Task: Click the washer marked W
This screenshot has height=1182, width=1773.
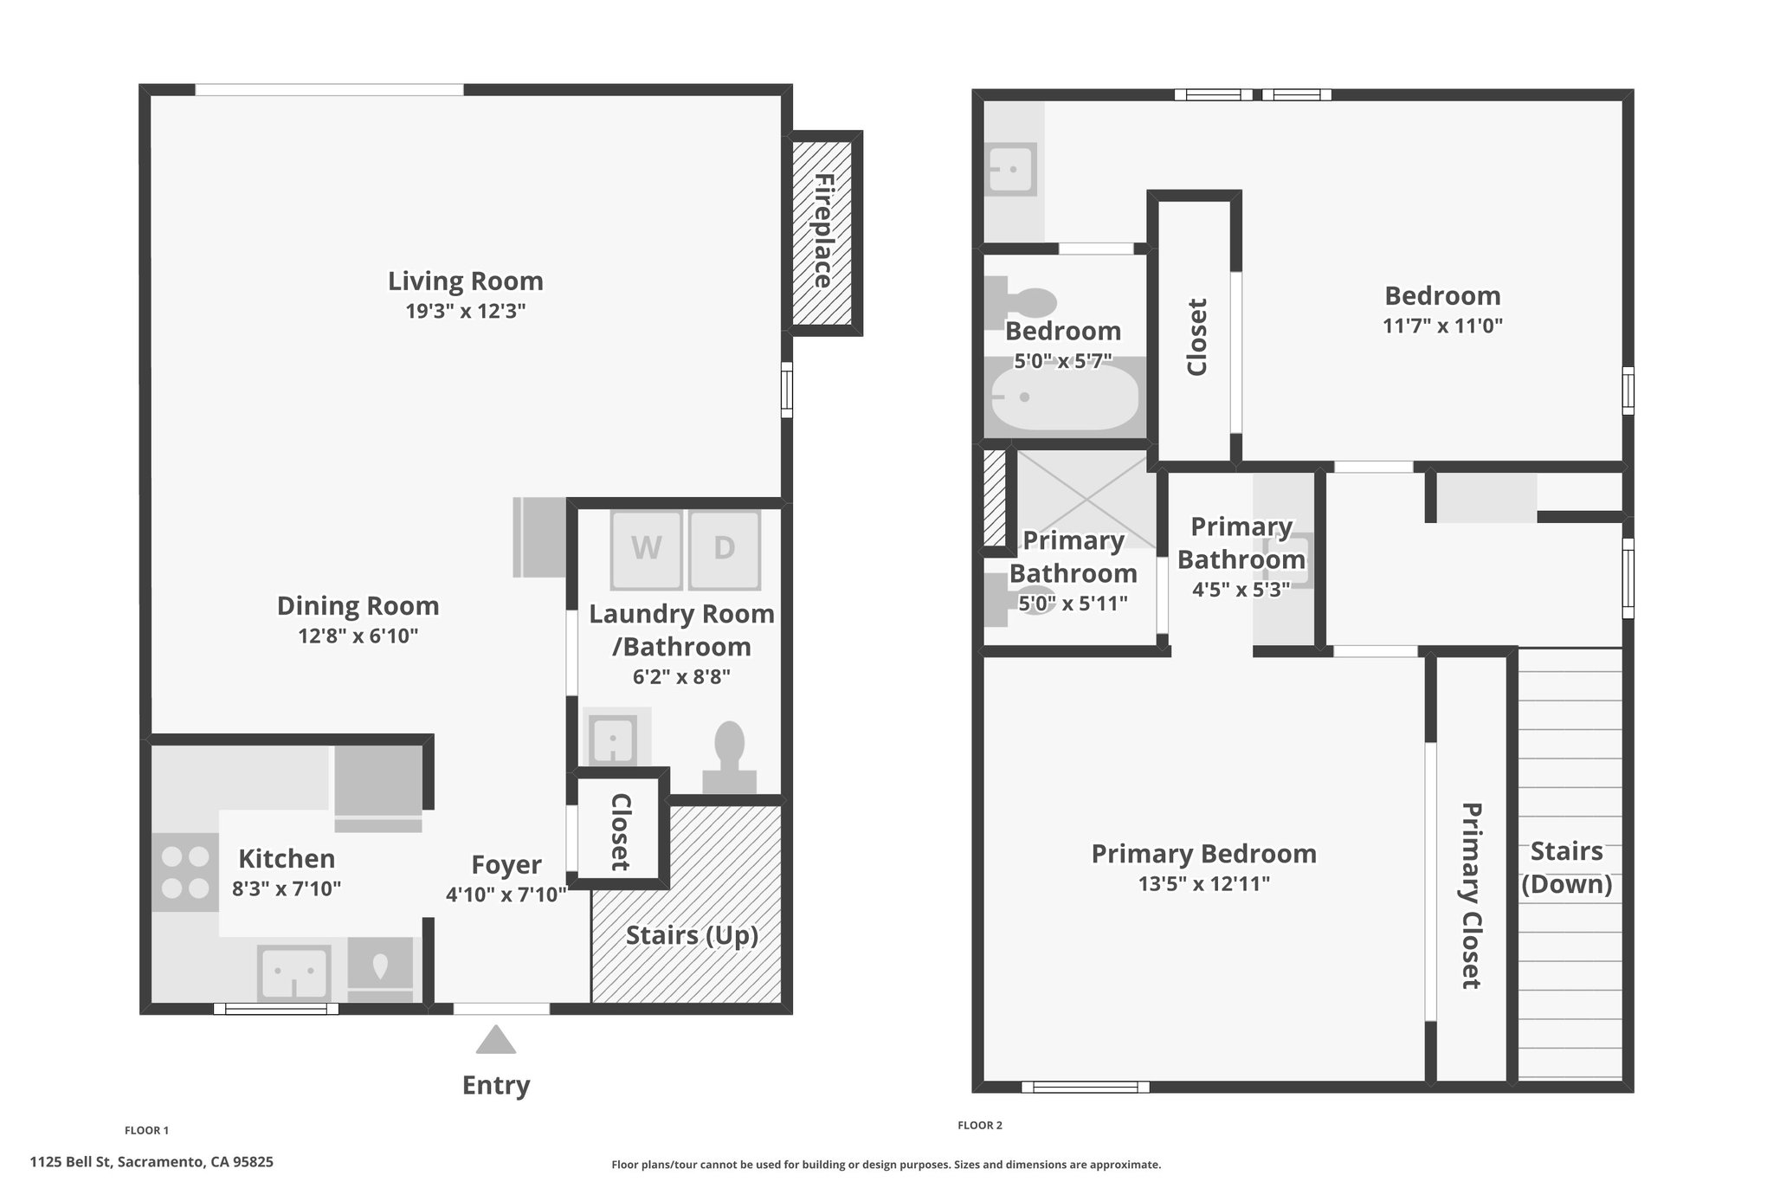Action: click(x=647, y=549)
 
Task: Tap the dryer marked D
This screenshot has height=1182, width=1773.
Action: click(x=725, y=549)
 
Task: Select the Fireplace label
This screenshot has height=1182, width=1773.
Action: click(x=823, y=231)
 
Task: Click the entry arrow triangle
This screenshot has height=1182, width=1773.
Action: click(x=496, y=1039)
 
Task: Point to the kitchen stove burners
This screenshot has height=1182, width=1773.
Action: click(x=186, y=872)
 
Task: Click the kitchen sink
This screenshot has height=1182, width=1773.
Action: click(x=294, y=972)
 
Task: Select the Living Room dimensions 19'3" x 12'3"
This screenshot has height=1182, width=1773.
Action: click(x=466, y=312)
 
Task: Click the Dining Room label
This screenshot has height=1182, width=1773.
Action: click(x=358, y=605)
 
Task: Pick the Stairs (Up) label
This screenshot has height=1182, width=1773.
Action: click(x=692, y=936)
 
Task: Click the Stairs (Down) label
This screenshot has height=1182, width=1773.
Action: click(x=1567, y=868)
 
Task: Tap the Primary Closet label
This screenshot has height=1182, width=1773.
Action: click(x=1472, y=895)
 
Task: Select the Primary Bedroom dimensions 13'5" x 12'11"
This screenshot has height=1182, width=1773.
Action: click(x=1204, y=884)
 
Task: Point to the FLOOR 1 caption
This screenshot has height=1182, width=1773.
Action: click(x=147, y=1130)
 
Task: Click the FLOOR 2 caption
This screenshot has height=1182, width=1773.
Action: click(x=980, y=1126)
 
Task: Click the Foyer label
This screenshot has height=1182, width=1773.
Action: click(x=506, y=864)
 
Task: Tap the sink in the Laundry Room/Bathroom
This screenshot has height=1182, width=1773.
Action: click(x=614, y=738)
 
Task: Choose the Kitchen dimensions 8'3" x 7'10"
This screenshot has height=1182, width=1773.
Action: click(x=287, y=888)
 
